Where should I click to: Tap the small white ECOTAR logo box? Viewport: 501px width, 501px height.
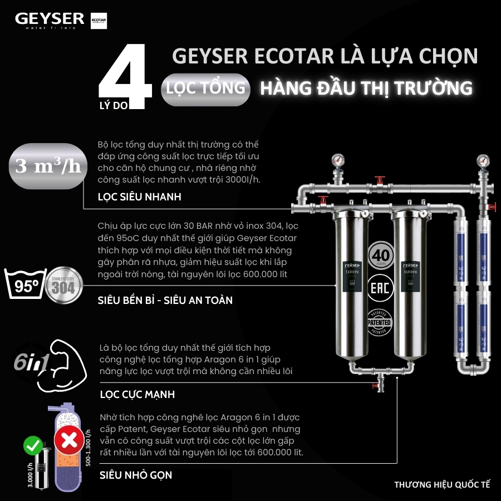pos(99,21)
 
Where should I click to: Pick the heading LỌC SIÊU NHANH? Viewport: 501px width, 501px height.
pos(139,197)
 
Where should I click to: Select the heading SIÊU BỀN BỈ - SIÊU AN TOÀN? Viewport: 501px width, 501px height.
pos(165,300)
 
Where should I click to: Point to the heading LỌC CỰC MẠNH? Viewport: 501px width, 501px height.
pos(137,394)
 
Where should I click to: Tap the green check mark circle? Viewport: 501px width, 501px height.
pos(32,446)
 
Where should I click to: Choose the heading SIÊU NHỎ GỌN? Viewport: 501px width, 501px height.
pos(135,475)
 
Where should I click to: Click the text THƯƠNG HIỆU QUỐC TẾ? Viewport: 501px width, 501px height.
pos(442,484)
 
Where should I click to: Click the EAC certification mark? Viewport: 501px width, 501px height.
pos(381,289)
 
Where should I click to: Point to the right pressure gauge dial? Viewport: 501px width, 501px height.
pos(482,162)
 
